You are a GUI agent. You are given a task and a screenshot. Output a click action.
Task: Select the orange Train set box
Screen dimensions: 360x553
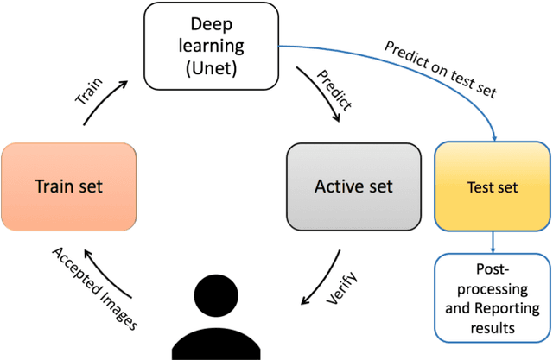(69, 186)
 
